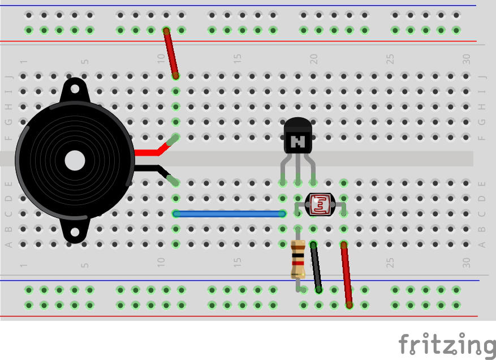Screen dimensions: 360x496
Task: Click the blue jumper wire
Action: coord(229,214)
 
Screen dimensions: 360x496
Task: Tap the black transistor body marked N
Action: coord(297,136)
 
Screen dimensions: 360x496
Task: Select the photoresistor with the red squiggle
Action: coord(320,204)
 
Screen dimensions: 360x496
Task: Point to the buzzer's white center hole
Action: coord(75,161)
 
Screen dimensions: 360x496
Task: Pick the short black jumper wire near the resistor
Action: coord(316,267)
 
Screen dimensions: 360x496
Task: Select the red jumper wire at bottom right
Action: coord(346,275)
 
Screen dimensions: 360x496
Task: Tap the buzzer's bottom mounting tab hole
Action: coord(75,233)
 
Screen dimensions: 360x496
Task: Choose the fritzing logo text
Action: coord(446,345)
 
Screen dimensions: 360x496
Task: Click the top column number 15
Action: coord(238,58)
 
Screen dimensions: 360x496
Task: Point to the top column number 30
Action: coord(467,58)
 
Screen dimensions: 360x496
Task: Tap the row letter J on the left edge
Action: coord(8,76)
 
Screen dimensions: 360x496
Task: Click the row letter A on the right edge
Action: coord(482,245)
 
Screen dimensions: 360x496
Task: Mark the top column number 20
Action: coord(314,58)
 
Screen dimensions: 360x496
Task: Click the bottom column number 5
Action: coord(85,264)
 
